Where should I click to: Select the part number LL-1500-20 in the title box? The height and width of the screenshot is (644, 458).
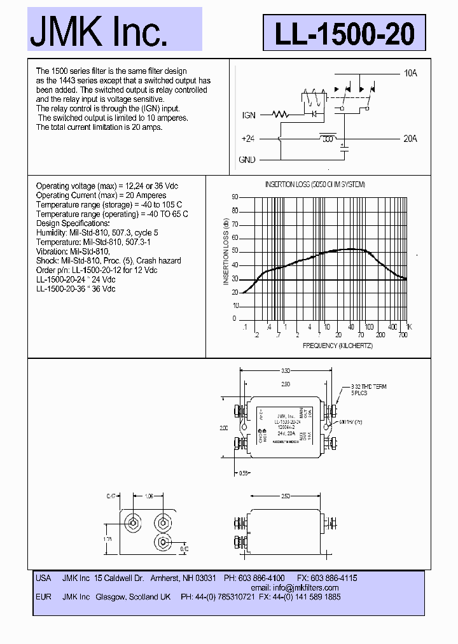[344, 34]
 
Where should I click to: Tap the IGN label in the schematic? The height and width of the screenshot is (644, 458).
[249, 115]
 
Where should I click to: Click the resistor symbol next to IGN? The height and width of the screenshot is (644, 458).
[281, 115]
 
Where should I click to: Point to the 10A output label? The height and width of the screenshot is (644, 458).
[410, 73]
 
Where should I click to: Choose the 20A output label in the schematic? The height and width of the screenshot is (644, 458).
[410, 138]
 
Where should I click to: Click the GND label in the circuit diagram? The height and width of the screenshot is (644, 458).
[247, 159]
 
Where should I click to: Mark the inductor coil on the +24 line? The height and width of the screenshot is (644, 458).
[328, 137]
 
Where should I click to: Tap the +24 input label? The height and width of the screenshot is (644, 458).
[248, 138]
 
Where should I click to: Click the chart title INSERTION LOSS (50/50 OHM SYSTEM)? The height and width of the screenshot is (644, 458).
[315, 185]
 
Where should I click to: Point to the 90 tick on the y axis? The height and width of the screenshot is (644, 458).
[234, 197]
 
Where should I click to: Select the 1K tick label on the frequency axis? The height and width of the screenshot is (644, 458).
[409, 326]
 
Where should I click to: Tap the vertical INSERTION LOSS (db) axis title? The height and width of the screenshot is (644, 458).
[226, 251]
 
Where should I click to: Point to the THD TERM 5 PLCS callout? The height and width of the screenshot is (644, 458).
[369, 389]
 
